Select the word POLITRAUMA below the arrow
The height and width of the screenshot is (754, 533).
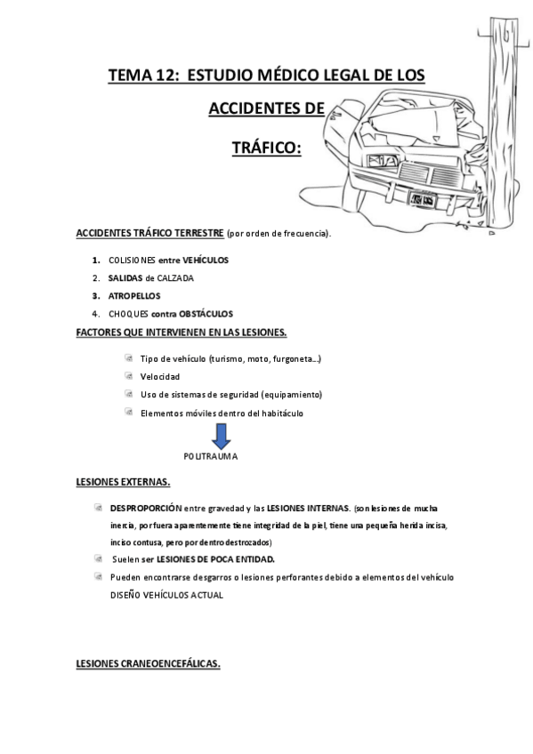[x=211, y=456]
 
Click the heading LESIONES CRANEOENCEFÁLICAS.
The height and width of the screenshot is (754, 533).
[x=148, y=663]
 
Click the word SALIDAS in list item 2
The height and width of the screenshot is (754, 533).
[x=125, y=278]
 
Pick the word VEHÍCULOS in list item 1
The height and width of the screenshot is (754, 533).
[x=206, y=261]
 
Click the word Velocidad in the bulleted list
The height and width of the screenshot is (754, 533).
[x=160, y=376]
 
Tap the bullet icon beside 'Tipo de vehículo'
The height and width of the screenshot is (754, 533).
[x=129, y=357]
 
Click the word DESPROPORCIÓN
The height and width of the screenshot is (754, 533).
[x=144, y=508]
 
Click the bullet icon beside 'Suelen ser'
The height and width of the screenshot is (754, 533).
[x=97, y=558]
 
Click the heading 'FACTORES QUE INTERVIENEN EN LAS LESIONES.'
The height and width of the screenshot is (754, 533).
[x=182, y=332]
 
